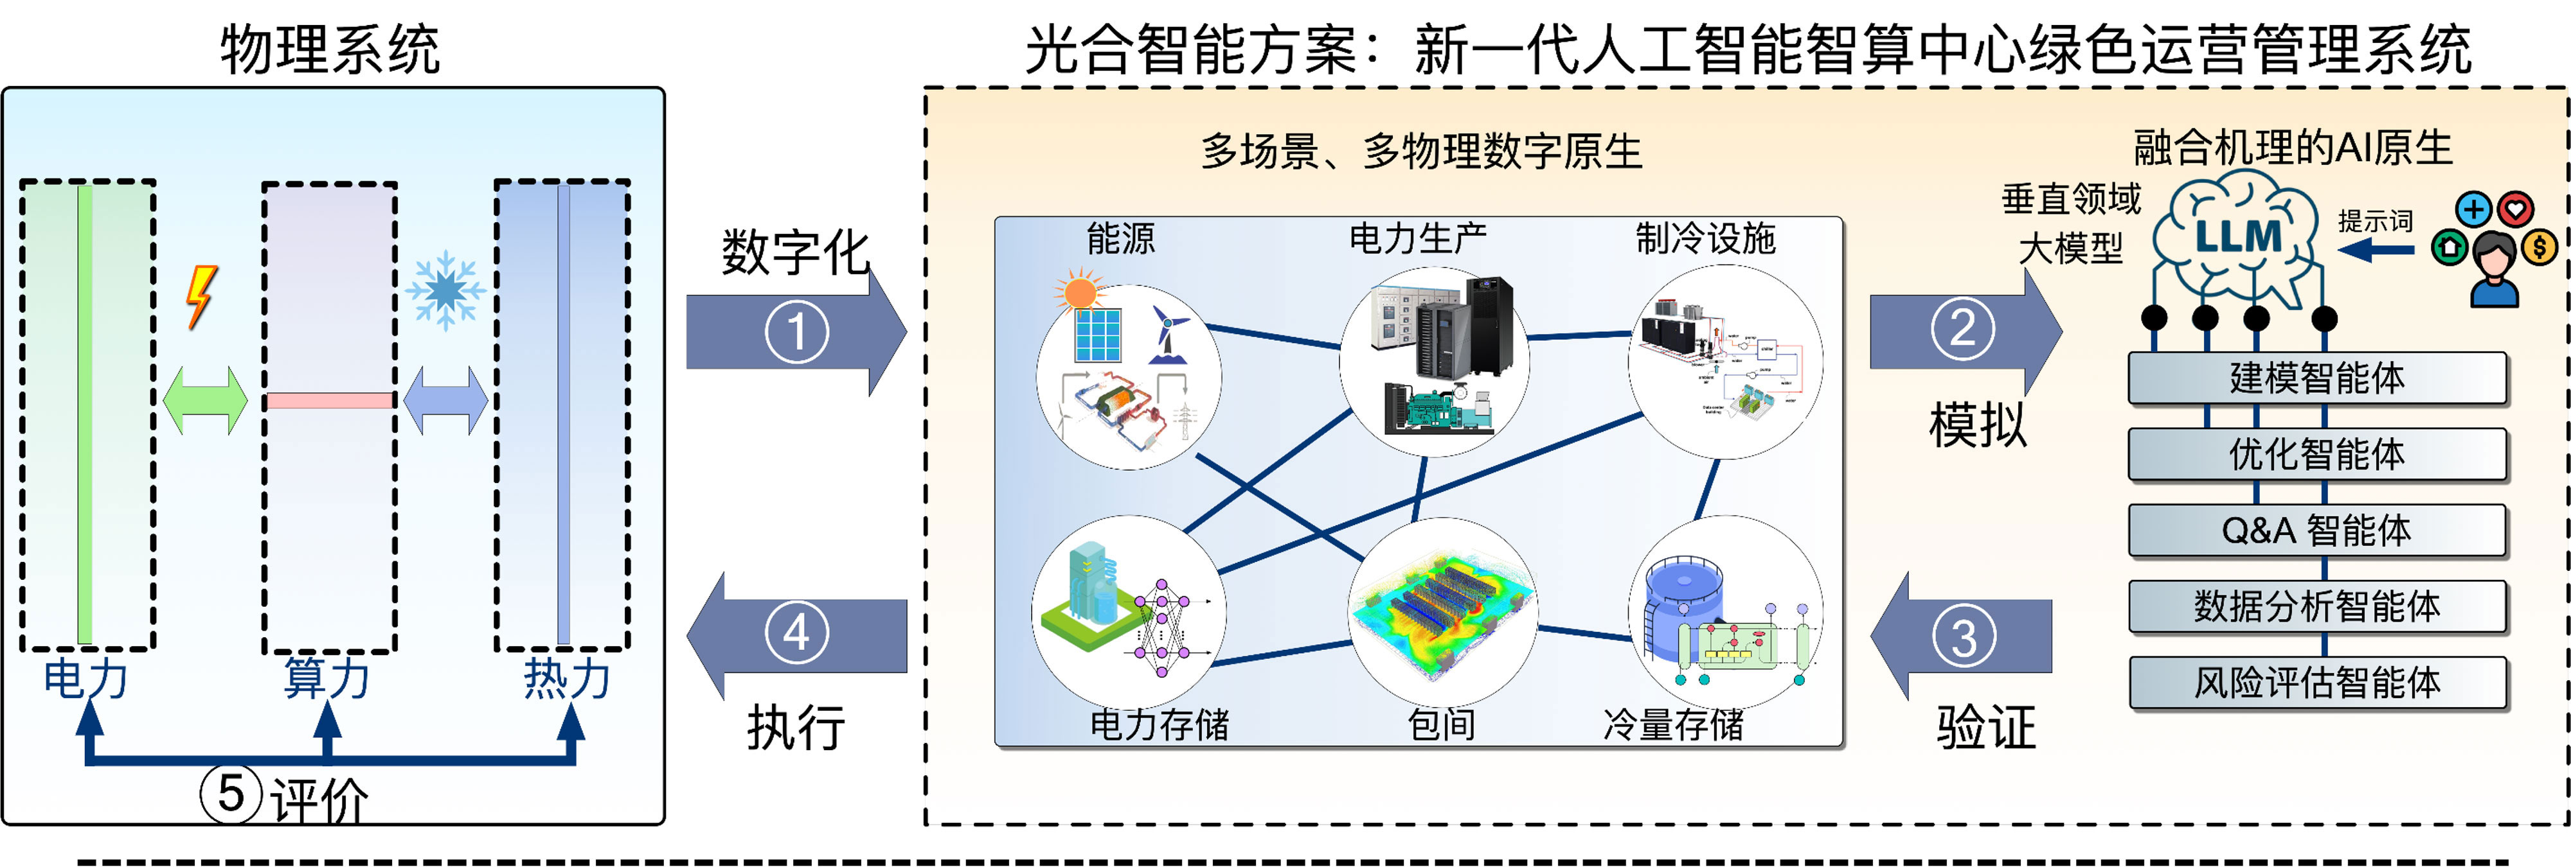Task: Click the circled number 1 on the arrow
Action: tap(796, 332)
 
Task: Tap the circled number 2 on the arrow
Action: tap(1962, 328)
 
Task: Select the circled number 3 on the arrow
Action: tap(1962, 636)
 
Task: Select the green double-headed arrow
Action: tap(204, 400)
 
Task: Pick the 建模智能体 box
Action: tap(2316, 378)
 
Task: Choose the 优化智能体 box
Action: tap(2316, 454)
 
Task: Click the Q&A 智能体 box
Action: tap(2316, 530)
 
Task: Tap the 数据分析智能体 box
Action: tap(2316, 606)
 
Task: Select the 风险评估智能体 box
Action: tap(2316, 683)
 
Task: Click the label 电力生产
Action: tap(1417, 238)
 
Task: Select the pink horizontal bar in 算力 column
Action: tap(328, 400)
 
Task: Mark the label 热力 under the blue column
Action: tap(566, 678)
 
